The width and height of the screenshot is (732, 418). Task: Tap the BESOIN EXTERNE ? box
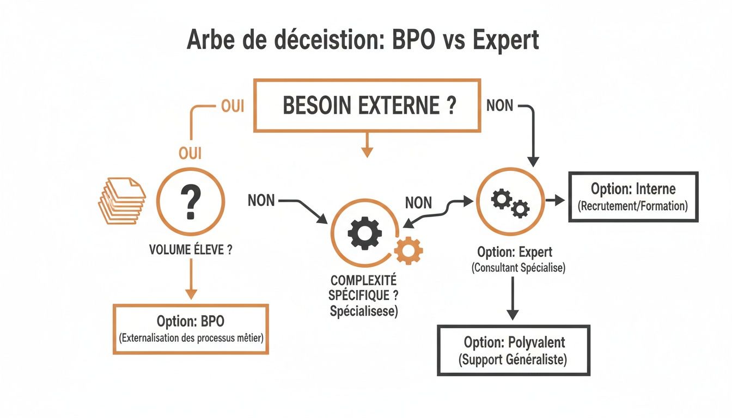click(x=368, y=106)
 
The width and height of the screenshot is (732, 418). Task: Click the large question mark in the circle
click(x=190, y=202)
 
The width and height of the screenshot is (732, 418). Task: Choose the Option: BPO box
click(x=191, y=329)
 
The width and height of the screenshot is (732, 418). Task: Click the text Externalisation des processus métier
click(x=191, y=338)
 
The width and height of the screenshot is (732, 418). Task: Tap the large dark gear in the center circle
click(x=364, y=232)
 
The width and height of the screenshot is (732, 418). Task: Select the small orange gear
click(x=408, y=251)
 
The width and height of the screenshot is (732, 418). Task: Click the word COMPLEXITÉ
click(x=364, y=282)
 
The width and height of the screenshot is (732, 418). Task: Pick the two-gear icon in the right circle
click(x=510, y=202)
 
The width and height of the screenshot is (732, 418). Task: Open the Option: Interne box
click(x=633, y=196)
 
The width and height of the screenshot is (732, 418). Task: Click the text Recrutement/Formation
click(x=633, y=206)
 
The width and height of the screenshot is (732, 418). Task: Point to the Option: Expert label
click(x=515, y=252)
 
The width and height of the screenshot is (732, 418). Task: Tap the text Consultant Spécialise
click(x=518, y=268)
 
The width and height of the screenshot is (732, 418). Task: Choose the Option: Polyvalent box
click(x=514, y=350)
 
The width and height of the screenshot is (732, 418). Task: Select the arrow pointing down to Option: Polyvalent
click(x=513, y=299)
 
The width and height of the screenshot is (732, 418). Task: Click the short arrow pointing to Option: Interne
click(x=555, y=201)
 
